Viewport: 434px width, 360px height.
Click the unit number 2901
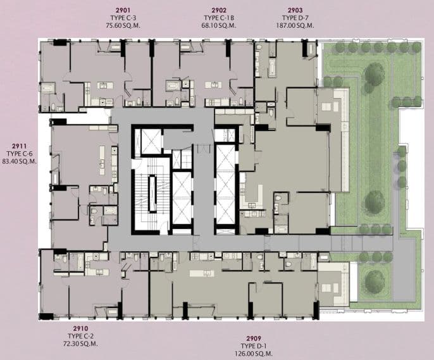coord(123,11)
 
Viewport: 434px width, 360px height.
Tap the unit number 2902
coord(219,11)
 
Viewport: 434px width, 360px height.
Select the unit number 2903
coord(295,11)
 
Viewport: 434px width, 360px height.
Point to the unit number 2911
coord(19,146)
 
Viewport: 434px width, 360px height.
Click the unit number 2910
coord(80,328)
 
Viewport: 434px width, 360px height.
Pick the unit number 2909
coord(254,338)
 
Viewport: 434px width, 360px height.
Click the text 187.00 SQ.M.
coord(295,25)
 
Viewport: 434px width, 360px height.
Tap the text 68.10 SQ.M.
coord(219,25)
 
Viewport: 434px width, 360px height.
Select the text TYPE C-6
coord(19,154)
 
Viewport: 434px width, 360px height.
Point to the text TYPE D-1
coord(254,346)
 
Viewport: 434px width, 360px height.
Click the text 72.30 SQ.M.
coord(80,344)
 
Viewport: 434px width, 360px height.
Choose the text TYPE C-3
coord(123,18)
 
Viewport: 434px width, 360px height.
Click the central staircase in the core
coord(152,194)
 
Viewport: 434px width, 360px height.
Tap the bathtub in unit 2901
coord(48,89)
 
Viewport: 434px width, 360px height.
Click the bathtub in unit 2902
coord(173,85)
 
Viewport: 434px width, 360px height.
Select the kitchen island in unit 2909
coord(202,273)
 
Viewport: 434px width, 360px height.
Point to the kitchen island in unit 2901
coord(105,85)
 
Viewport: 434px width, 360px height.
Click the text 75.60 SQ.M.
coord(123,25)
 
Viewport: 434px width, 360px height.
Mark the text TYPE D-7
coord(295,18)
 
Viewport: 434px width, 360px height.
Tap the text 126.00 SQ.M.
coord(254,354)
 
